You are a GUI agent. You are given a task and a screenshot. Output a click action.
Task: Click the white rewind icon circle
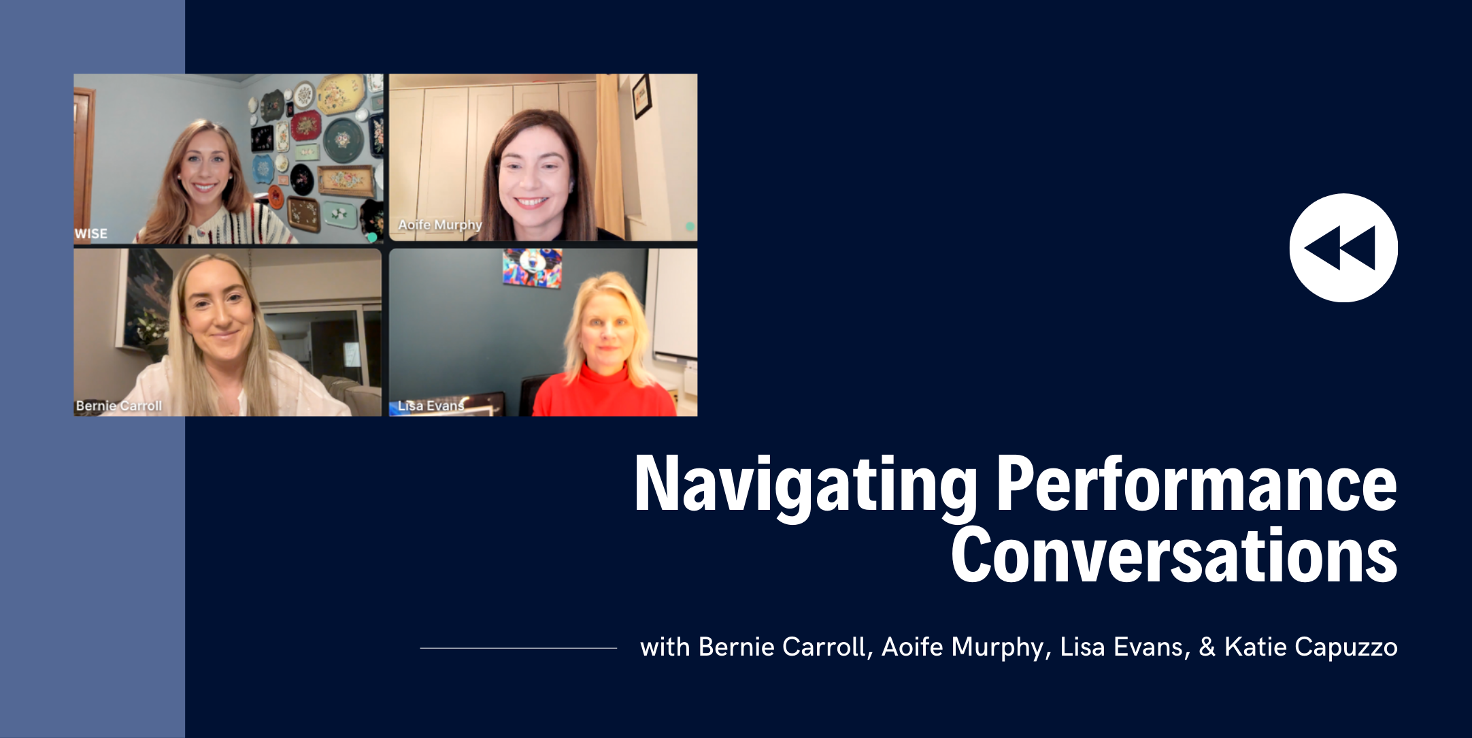[1343, 248]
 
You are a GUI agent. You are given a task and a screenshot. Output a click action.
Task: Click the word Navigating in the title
[805, 485]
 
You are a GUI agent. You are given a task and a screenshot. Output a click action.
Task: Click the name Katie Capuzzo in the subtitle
[1311, 647]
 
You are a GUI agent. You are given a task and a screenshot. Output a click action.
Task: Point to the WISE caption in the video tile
[91, 234]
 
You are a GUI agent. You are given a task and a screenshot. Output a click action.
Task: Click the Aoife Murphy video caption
[440, 225]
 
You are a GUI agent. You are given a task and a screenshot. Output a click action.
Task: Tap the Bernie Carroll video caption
[119, 406]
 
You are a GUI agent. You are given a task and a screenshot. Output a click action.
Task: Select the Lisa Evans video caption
[431, 406]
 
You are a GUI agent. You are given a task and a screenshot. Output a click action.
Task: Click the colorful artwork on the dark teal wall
[532, 267]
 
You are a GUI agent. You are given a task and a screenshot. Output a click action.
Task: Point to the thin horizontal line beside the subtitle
[518, 648]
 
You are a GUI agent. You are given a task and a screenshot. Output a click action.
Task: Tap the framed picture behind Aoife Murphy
[641, 95]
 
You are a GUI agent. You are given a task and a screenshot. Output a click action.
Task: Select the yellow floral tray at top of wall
[339, 93]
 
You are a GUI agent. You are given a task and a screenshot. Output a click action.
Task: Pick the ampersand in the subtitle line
[1207, 647]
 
